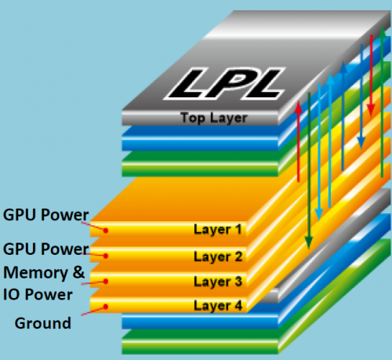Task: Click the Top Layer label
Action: [x=213, y=118]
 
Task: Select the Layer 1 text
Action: [x=218, y=230]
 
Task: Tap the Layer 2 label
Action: [x=218, y=256]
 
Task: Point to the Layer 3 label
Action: [x=218, y=282]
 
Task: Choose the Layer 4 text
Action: [x=218, y=306]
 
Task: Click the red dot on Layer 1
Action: [x=106, y=231]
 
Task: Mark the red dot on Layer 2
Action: [x=106, y=256]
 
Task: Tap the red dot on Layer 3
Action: [x=106, y=282]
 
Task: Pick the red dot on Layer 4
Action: [x=106, y=307]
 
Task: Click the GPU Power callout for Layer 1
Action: [x=45, y=215]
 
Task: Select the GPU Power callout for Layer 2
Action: [x=45, y=249]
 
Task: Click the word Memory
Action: [x=35, y=273]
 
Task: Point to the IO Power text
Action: [x=38, y=295]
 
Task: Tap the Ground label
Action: [x=43, y=323]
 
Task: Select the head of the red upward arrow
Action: [x=298, y=107]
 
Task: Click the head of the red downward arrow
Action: [x=371, y=110]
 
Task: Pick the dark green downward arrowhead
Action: [x=309, y=242]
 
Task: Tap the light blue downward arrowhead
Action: [x=319, y=215]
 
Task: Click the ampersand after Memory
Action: [x=78, y=272]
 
